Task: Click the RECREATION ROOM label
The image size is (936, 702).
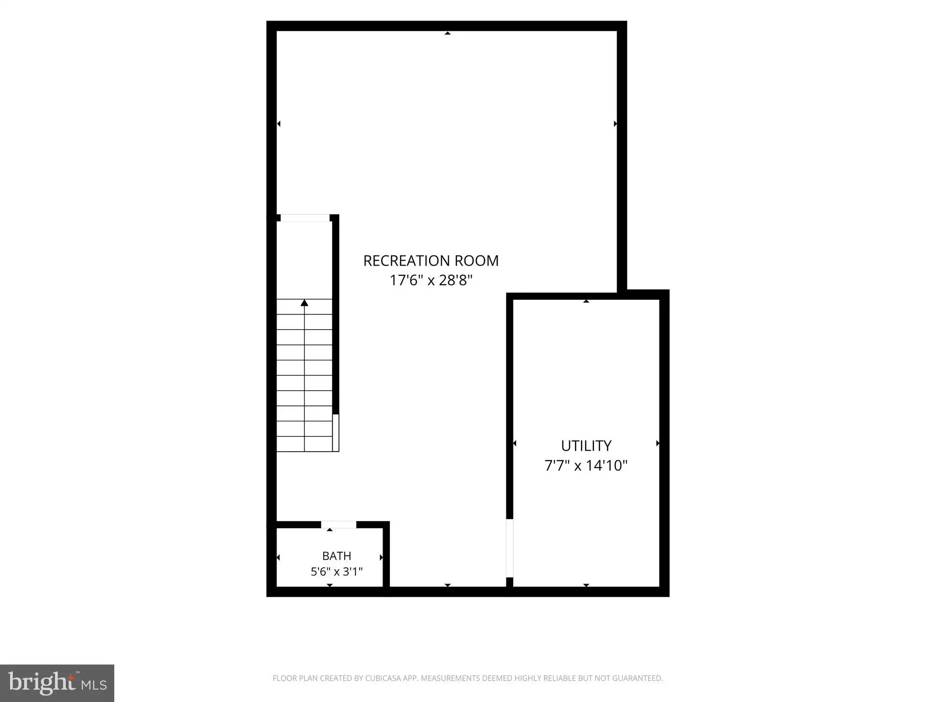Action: (431, 261)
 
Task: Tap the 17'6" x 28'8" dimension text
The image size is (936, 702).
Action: (431, 280)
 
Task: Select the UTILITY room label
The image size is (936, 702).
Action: (586, 446)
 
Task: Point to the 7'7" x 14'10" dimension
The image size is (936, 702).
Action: (586, 465)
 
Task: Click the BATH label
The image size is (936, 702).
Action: (337, 556)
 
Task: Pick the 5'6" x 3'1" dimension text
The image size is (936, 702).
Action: (337, 571)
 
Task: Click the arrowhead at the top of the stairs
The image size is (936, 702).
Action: (304, 303)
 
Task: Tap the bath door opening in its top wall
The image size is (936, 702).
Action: (339, 525)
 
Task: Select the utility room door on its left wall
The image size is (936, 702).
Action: (510, 548)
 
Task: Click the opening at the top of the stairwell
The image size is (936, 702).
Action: (305, 218)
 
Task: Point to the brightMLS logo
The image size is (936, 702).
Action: (57, 683)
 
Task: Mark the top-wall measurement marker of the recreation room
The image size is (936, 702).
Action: (447, 33)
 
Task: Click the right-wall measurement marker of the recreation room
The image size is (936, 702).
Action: (615, 124)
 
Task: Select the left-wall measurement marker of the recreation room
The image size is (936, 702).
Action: (279, 124)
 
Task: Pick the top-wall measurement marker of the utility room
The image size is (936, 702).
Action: (586, 301)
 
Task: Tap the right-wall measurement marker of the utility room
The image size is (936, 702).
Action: (658, 443)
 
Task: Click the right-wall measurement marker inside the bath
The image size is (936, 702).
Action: (381, 558)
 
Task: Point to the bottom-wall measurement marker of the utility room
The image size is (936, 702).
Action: (586, 585)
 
